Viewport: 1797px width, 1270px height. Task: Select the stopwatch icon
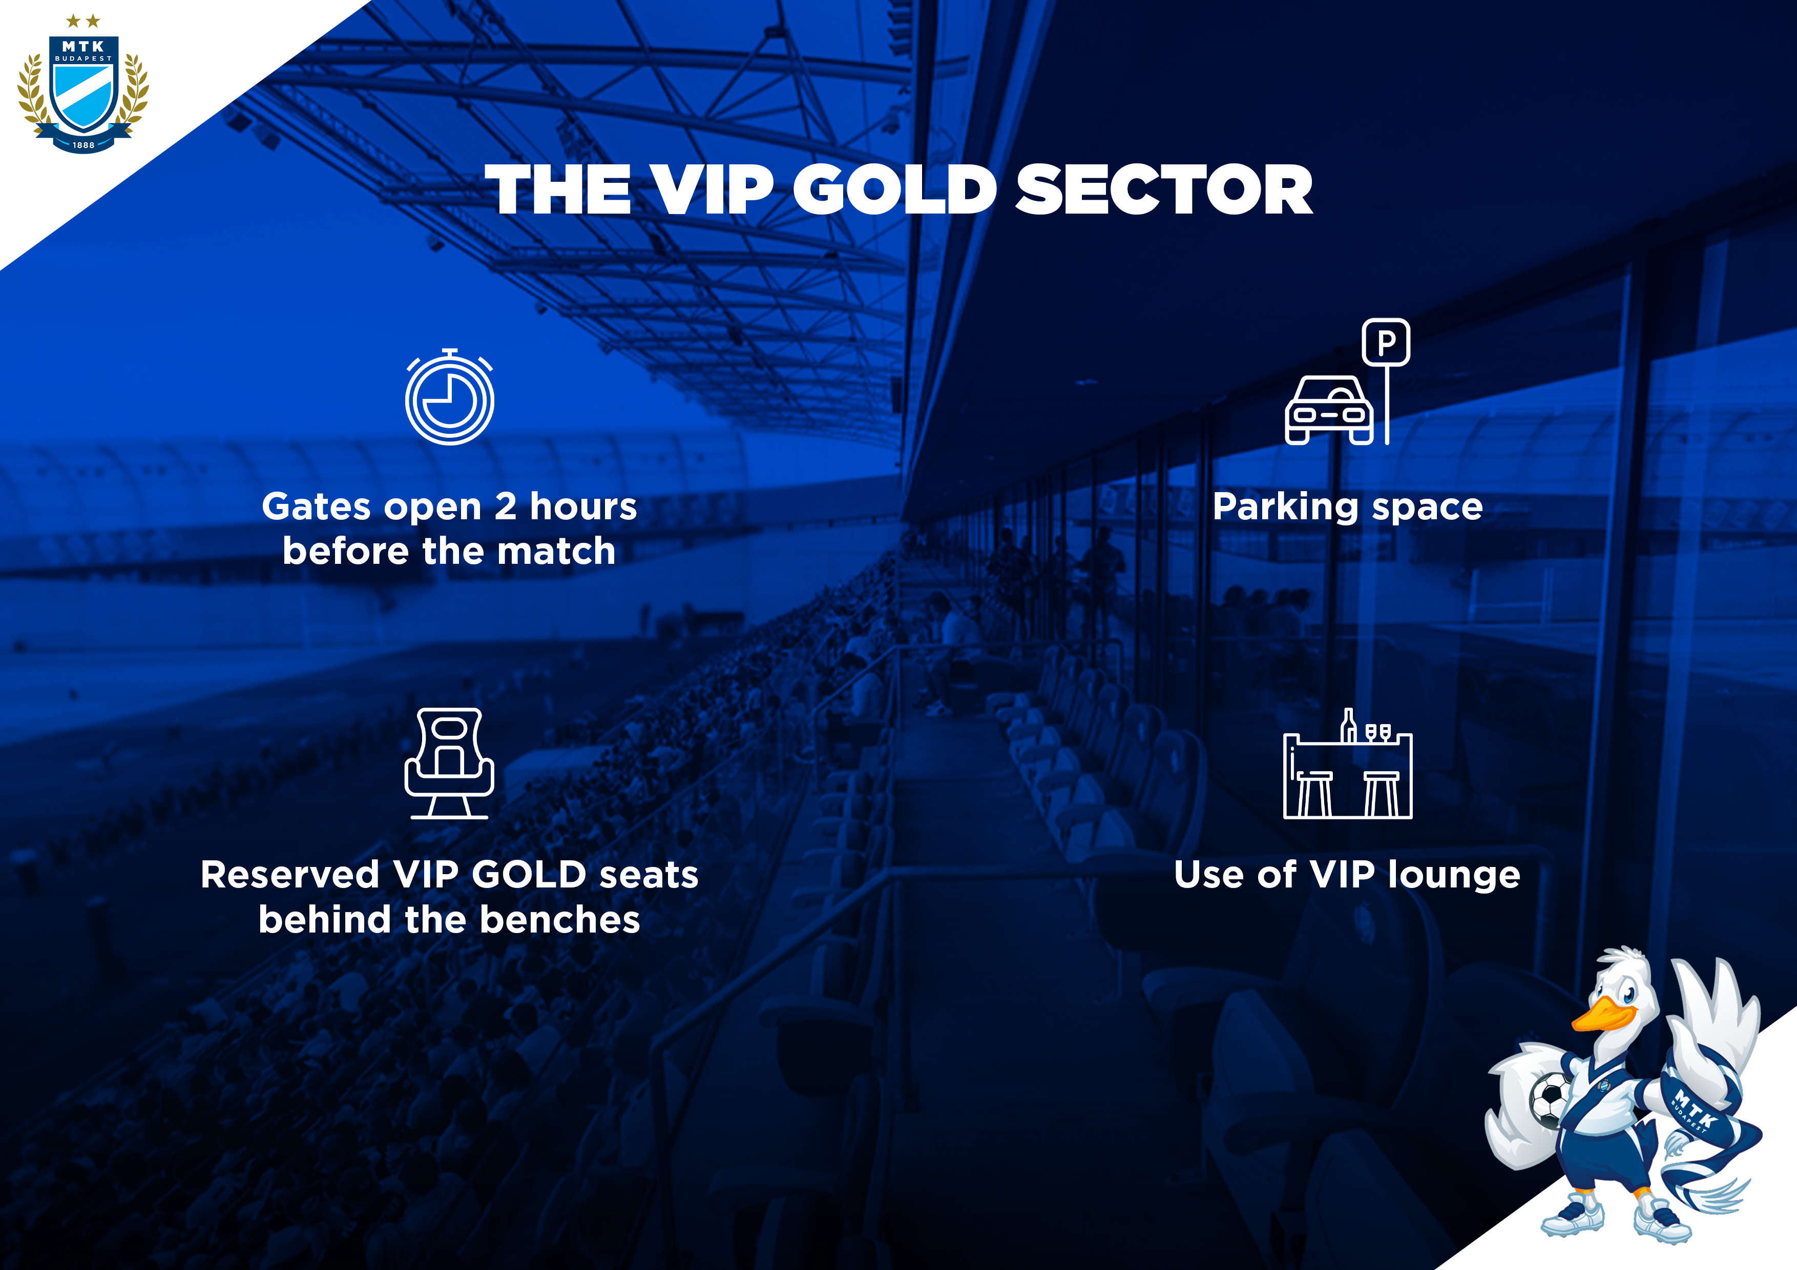point(449,397)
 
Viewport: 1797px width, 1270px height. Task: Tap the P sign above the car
point(1386,342)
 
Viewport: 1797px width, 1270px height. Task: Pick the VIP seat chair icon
point(449,763)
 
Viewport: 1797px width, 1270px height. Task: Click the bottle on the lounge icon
point(1348,725)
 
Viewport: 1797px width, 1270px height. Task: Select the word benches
point(559,919)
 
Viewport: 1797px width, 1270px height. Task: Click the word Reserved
point(289,875)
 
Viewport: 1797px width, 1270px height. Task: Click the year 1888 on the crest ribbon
point(83,145)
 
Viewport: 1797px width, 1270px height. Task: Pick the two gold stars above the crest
point(83,20)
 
